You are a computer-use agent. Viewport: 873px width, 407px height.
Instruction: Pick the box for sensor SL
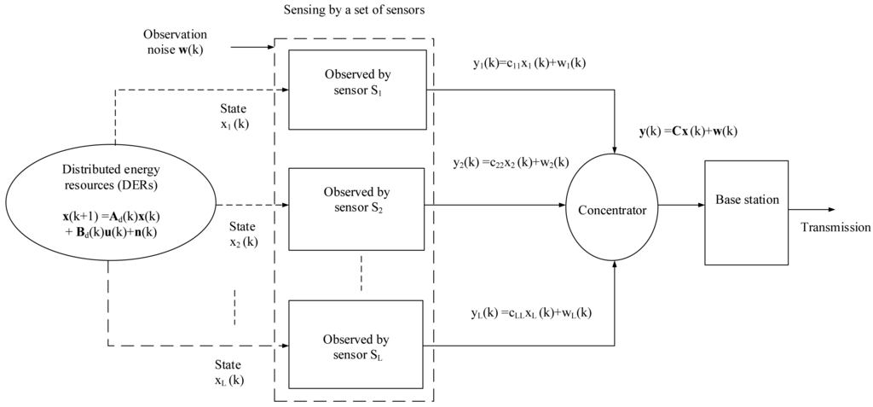(357, 339)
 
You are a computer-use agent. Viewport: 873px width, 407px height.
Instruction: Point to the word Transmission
(835, 228)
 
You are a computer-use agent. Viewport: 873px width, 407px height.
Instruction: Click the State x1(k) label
(232, 116)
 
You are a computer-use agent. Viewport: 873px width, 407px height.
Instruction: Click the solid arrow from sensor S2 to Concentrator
(494, 205)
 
